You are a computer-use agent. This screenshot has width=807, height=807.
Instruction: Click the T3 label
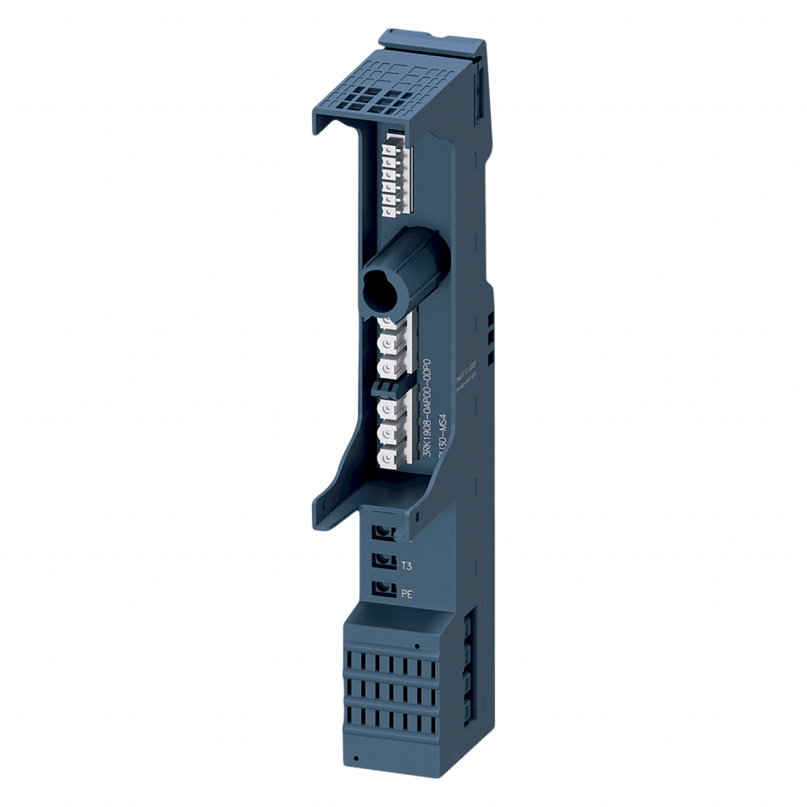click(x=407, y=566)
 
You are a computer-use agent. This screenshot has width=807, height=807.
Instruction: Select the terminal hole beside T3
click(x=384, y=560)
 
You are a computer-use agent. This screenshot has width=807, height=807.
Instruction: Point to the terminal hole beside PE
click(x=384, y=588)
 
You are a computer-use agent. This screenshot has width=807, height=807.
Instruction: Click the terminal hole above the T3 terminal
click(x=384, y=532)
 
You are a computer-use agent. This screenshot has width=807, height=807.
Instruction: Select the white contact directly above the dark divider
click(x=386, y=367)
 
